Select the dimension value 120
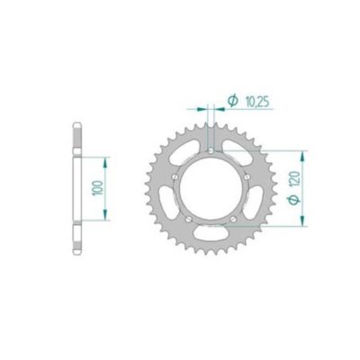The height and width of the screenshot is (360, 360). coord(319,181)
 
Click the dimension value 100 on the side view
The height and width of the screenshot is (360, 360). coord(96,188)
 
